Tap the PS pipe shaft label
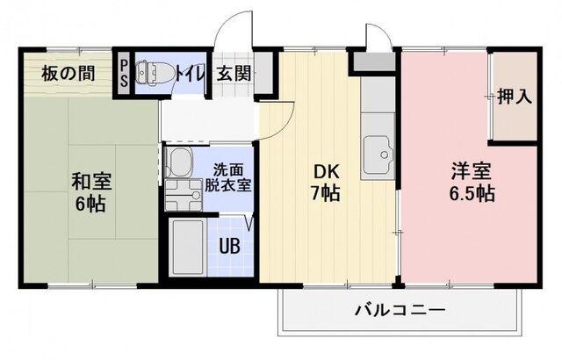(x=125, y=73)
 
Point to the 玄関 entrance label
(x=233, y=73)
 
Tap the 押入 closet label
(x=515, y=96)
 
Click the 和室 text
(x=90, y=182)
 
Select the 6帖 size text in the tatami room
(x=90, y=204)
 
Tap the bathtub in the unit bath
(x=186, y=248)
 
